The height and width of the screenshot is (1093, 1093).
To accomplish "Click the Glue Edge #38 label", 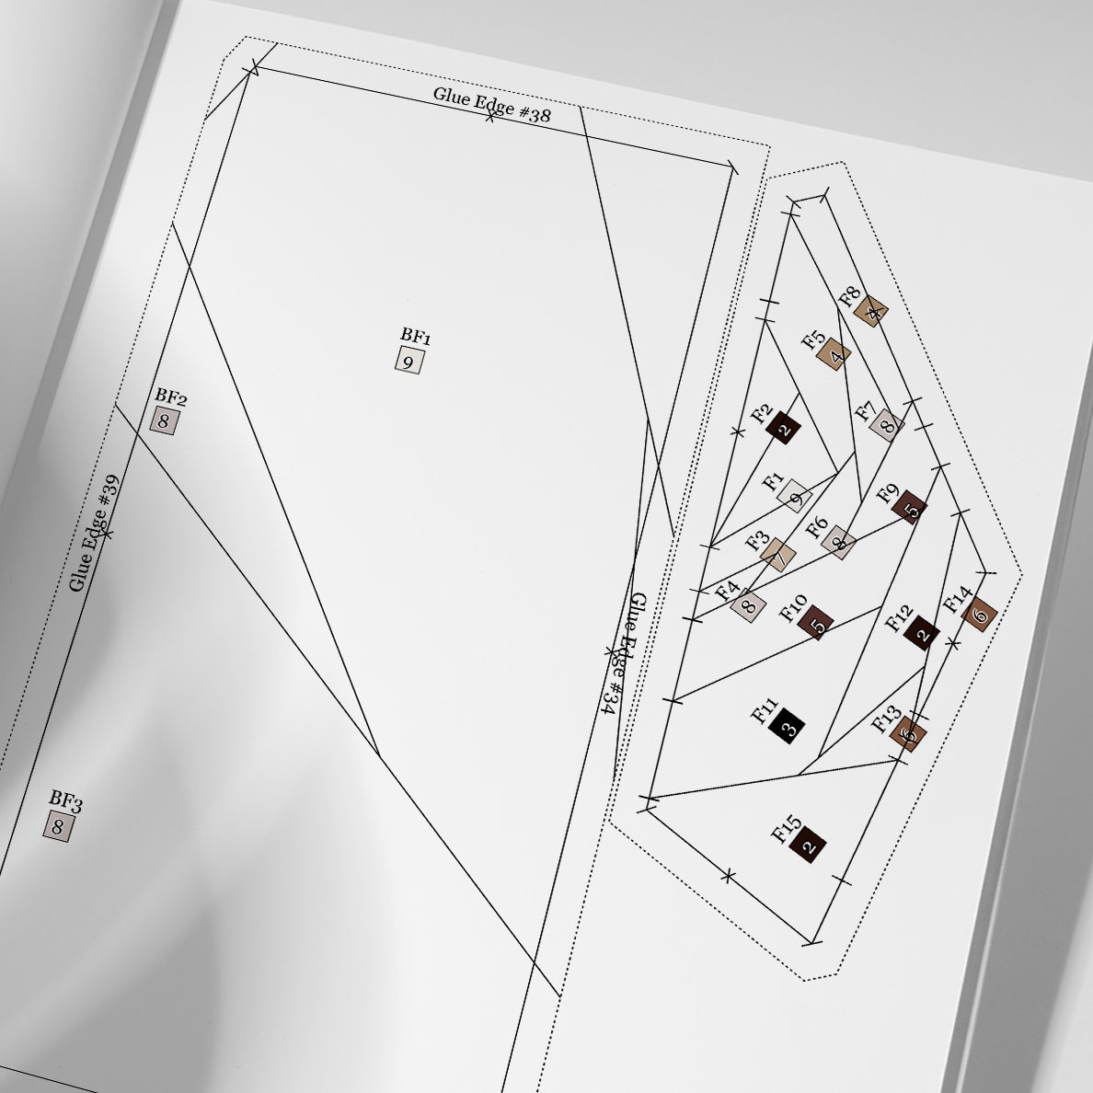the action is (491, 105).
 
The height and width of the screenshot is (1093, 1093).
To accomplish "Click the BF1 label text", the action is (416, 336).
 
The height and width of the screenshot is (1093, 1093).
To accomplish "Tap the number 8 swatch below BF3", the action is (59, 827).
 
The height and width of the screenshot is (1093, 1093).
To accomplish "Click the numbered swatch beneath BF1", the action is (409, 361).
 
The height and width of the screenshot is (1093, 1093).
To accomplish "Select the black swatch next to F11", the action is (787, 726).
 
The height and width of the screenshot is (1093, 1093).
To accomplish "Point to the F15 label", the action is (787, 829).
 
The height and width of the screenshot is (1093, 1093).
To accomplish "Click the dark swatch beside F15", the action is (808, 845).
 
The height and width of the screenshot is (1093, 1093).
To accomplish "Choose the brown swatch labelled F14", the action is (980, 615).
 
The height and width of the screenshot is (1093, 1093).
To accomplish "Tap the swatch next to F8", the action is (872, 311).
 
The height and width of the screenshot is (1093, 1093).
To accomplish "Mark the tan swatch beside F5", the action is (834, 354).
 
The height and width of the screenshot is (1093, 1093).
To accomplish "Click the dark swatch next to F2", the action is (783, 428).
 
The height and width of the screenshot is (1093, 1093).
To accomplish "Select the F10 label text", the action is (793, 608).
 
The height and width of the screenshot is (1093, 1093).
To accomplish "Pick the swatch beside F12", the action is (921, 633).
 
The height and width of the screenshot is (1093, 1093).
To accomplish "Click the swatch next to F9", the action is (909, 508).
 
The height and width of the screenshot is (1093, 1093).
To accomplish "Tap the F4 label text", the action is (727, 591).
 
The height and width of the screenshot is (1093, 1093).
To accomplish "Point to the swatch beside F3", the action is (778, 555).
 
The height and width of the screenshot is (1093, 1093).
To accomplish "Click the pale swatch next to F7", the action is (887, 425).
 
